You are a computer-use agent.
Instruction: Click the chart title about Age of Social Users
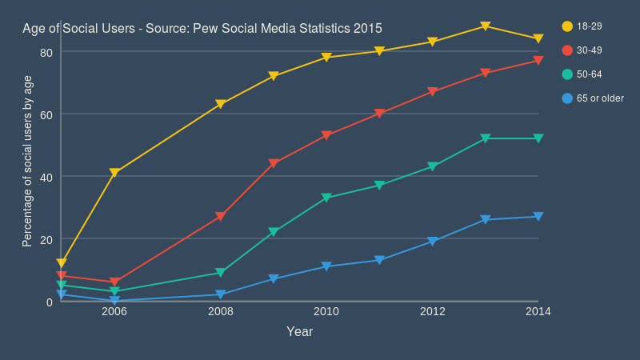click(202, 28)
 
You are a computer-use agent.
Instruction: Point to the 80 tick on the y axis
click(46, 52)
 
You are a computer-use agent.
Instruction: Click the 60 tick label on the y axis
click(46, 114)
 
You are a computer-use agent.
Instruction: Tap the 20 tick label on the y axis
click(46, 239)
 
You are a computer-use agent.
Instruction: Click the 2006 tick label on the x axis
click(114, 311)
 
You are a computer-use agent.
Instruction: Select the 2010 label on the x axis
click(326, 311)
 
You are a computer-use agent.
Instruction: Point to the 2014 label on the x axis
click(538, 311)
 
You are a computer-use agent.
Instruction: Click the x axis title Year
click(299, 331)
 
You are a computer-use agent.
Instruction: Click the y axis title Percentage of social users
click(27, 160)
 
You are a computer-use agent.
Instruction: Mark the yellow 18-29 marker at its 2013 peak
click(486, 26)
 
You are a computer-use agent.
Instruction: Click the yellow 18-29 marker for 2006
click(114, 173)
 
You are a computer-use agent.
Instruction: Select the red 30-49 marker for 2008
click(220, 217)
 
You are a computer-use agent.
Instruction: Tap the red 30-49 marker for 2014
click(538, 61)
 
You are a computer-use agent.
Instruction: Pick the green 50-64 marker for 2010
click(326, 198)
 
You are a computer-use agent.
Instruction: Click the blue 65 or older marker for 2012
click(432, 242)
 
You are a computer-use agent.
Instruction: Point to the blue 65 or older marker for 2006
click(114, 301)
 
